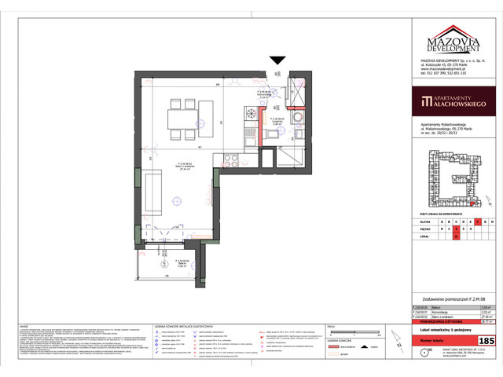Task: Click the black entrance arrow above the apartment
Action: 277,60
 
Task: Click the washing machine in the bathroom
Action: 298,117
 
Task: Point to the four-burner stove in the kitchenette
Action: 231,162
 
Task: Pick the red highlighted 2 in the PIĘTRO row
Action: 455,229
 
